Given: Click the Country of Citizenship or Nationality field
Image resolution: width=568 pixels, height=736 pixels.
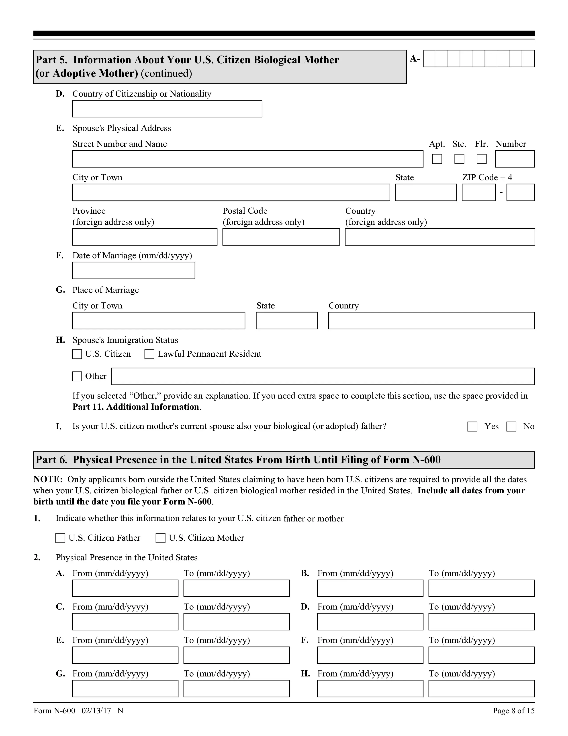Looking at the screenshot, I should (167, 109).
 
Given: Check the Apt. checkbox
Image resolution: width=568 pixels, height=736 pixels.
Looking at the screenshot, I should (437, 159).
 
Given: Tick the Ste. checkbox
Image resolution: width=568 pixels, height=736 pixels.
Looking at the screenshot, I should (459, 159).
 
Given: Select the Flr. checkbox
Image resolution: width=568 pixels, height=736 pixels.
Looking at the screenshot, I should (482, 159).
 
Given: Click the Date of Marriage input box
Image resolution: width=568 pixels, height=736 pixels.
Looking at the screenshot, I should (133, 271).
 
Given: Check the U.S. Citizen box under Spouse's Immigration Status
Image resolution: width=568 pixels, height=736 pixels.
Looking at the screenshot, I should (77, 354).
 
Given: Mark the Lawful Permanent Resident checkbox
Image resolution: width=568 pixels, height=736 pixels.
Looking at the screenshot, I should (149, 354).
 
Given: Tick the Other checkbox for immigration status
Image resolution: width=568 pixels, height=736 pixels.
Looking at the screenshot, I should (77, 376).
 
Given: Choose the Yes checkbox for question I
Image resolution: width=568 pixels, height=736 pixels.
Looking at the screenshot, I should (472, 427).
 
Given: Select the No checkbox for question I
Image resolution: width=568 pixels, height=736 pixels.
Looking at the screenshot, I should (511, 427).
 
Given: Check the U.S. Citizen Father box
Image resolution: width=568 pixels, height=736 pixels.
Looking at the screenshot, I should (60, 538).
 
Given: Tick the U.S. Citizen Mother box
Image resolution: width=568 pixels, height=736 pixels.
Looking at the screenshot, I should (161, 538).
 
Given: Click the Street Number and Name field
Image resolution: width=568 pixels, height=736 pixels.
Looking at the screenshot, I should (247, 159).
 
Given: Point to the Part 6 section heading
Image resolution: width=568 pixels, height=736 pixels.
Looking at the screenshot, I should (238, 460).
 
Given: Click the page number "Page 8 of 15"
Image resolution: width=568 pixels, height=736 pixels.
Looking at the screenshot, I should (513, 711).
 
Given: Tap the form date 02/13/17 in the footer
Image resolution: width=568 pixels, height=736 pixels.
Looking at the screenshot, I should (96, 711).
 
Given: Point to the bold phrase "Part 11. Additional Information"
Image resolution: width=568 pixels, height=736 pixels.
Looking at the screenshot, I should (136, 407).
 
